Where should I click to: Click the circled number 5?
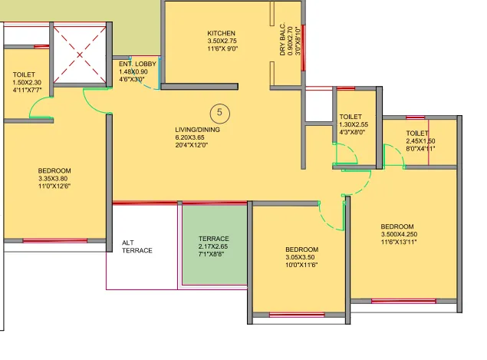point(219,113)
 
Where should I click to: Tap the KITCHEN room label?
point(221,33)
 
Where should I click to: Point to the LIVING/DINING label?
point(197,130)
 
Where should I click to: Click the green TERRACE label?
point(213,239)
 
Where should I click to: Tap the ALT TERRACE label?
point(137,246)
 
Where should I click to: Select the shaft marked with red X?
point(81,55)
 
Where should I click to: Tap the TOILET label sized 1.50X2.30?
point(25,74)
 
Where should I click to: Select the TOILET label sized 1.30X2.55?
point(351,117)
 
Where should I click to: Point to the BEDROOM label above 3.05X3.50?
point(301,249)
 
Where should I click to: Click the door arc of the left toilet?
point(40,112)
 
